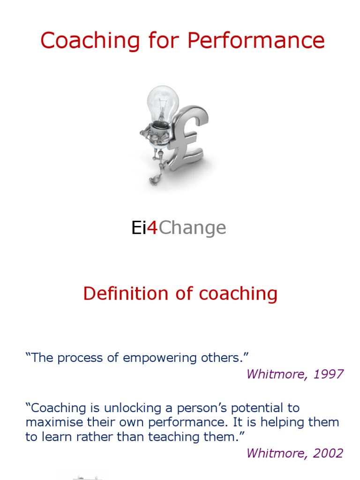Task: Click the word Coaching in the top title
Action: tap(89, 40)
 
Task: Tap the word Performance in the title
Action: tap(256, 40)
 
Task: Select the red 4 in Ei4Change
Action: tap(151, 228)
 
